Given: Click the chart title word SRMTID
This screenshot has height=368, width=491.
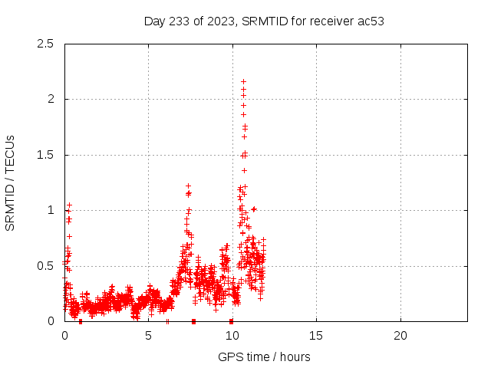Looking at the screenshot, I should (265, 21).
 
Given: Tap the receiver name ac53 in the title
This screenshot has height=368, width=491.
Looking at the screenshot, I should (369, 21).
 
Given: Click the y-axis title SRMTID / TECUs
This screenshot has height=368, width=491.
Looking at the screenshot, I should (11, 182).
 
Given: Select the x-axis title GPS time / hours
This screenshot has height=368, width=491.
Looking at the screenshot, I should (265, 356).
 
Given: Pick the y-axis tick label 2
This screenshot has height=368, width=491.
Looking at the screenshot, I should (50, 99).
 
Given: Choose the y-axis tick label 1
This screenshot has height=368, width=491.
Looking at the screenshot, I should (50, 210).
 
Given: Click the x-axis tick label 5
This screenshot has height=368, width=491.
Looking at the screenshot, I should (148, 336).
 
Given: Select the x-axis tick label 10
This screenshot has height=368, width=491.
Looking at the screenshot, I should (232, 336).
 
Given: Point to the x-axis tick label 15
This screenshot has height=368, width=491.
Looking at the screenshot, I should (316, 336).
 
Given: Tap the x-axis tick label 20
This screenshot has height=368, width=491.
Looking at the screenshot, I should (400, 336).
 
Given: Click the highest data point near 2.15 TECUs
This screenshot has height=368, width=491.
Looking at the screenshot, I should (243, 81).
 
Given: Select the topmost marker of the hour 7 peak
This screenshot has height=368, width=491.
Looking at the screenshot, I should (188, 186).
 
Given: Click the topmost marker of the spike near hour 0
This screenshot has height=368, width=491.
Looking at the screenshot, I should (69, 205).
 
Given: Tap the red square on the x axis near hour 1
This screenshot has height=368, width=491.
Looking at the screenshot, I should (81, 321).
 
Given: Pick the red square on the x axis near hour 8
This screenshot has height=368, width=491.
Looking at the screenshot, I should (193, 321).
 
